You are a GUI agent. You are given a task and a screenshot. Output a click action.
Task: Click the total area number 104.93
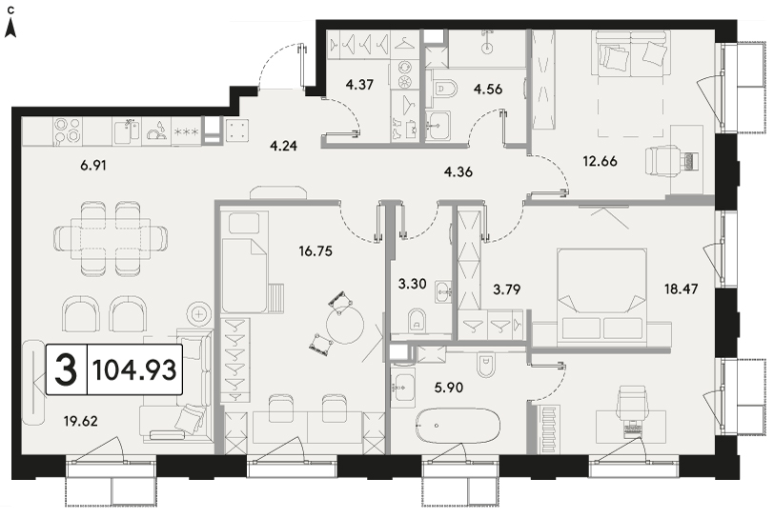point(134,370)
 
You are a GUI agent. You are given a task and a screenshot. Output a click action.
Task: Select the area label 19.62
point(80,421)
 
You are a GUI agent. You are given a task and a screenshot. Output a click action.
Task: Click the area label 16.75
point(316,251)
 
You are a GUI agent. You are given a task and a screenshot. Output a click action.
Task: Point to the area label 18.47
point(682,289)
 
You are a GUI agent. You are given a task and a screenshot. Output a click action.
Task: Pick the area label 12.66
point(600,161)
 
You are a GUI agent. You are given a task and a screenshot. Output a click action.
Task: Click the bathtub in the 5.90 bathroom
point(458,426)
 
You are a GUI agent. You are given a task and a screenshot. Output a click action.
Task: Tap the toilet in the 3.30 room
point(418,321)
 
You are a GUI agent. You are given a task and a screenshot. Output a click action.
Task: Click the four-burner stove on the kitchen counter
point(67,130)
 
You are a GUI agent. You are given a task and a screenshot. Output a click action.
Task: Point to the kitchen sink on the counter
point(128,131)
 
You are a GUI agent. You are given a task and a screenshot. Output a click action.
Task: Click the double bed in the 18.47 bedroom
point(601,296)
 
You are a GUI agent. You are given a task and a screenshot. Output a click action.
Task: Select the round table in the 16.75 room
point(345,325)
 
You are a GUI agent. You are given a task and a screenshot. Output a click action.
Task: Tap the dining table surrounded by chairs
point(110,237)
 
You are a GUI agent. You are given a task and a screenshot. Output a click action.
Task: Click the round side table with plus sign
point(199,313)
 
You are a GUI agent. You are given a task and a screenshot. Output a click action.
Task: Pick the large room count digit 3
point(66,370)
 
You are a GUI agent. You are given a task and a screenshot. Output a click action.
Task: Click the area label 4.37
point(359,85)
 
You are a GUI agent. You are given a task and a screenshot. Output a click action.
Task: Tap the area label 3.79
point(507,289)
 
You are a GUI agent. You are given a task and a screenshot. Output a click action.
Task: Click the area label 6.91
point(93,166)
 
